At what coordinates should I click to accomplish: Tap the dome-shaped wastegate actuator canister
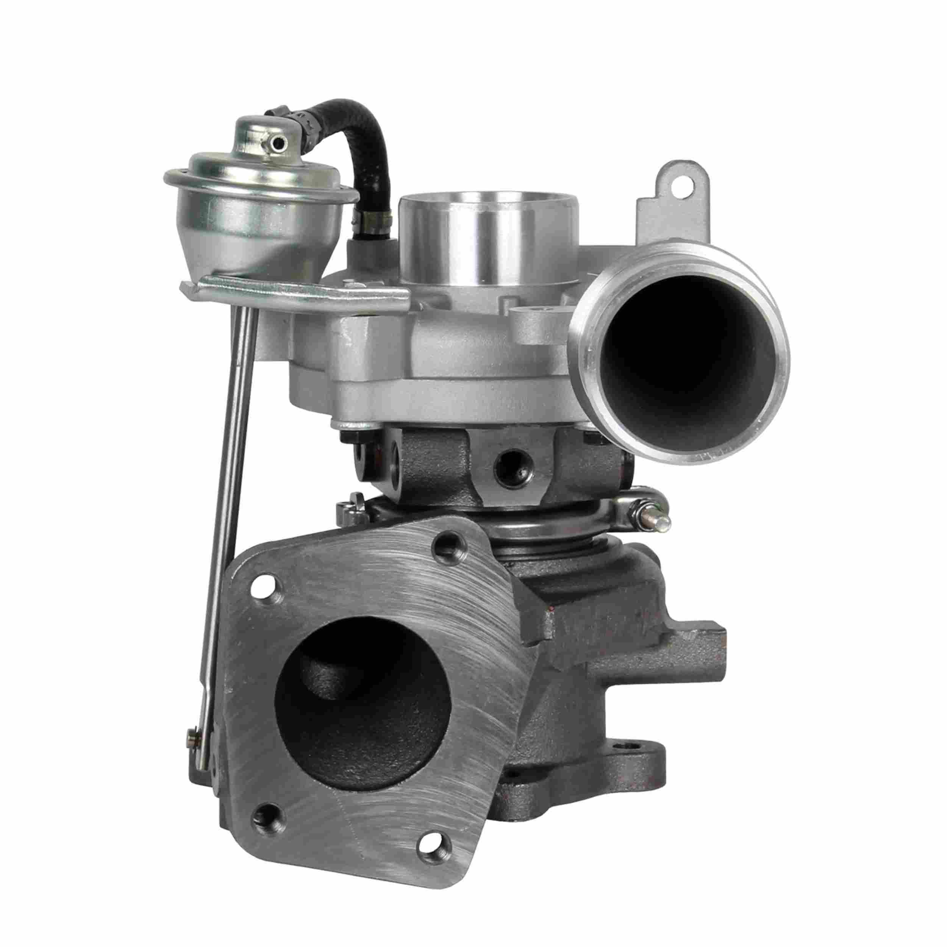click(x=260, y=216)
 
